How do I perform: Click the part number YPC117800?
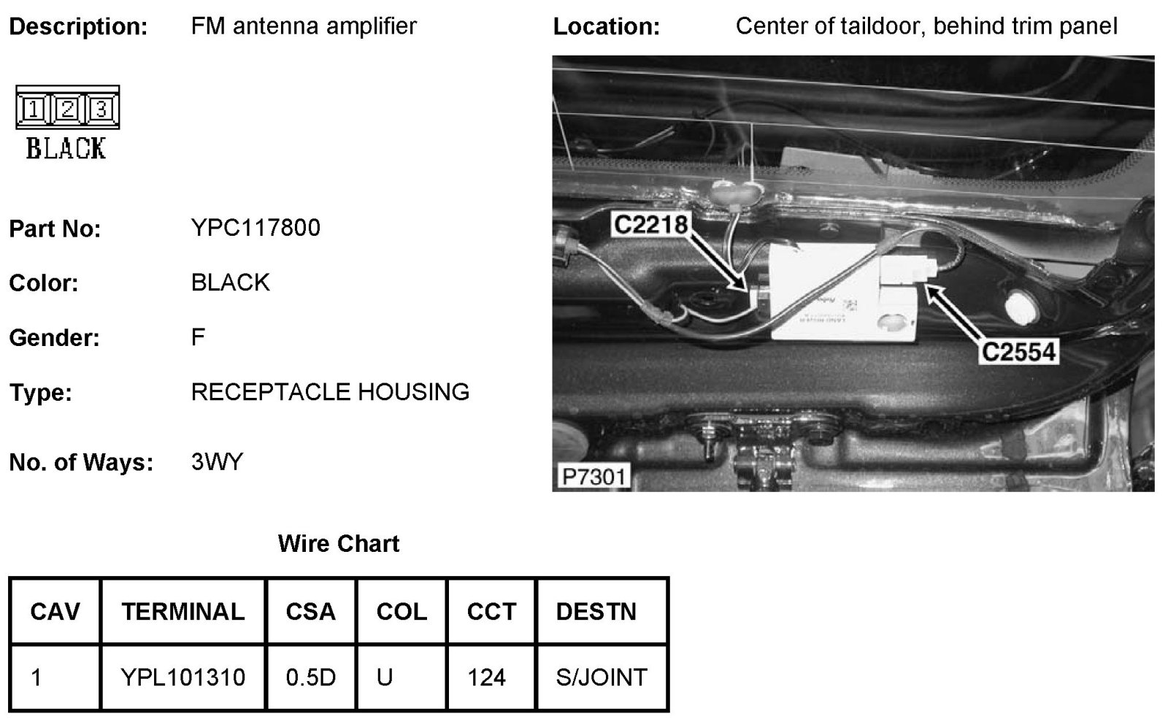click(255, 228)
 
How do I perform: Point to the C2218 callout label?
click(650, 224)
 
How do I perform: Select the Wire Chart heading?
click(339, 544)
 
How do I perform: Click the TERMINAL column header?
click(183, 611)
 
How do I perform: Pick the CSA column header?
click(311, 611)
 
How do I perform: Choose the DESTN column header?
click(596, 611)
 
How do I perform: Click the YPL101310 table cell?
click(183, 677)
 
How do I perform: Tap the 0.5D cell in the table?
click(311, 677)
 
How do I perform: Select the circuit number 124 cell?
click(486, 677)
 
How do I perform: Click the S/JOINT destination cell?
click(602, 677)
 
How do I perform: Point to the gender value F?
click(198, 337)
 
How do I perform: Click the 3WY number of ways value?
click(217, 462)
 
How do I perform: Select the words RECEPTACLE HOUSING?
click(330, 392)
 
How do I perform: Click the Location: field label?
click(606, 27)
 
